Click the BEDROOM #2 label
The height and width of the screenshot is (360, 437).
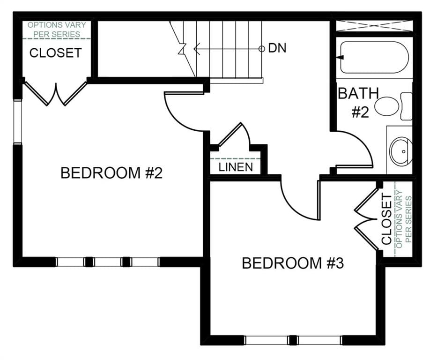point(111,173)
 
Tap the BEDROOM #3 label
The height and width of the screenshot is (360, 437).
point(293,263)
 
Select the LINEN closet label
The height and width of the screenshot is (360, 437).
point(236,167)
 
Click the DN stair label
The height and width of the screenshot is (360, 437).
point(277,48)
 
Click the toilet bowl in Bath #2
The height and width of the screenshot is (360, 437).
point(386,106)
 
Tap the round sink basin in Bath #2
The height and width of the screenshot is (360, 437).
point(401,151)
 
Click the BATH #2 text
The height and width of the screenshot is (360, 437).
point(359,103)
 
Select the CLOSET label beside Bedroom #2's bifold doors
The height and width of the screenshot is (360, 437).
point(55,52)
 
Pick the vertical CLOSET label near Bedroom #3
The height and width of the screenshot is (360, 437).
point(387,219)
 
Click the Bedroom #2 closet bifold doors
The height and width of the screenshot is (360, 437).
point(56,93)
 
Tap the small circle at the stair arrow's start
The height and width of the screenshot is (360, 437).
point(261,49)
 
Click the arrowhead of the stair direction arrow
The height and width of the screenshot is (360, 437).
point(196,49)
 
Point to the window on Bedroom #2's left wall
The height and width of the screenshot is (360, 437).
point(17,122)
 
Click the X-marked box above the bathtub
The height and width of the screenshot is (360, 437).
point(375,26)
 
